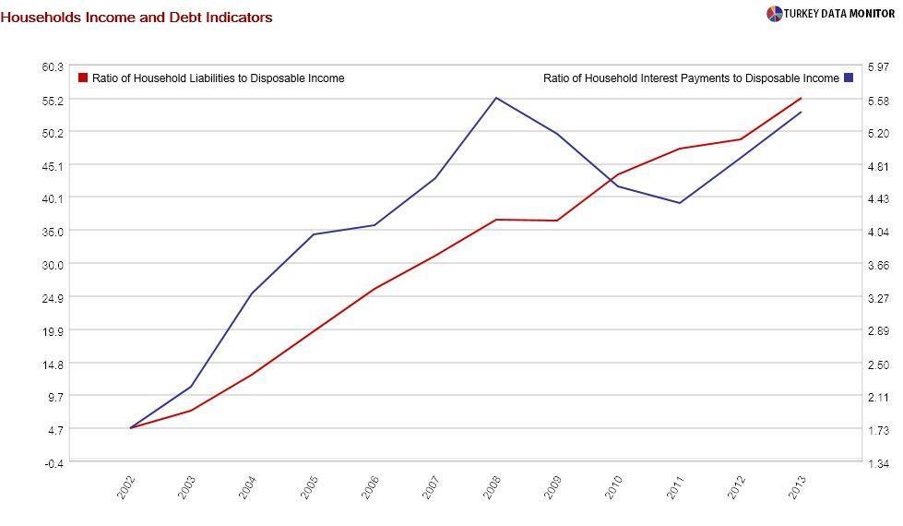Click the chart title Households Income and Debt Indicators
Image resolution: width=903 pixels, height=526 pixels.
tap(137, 17)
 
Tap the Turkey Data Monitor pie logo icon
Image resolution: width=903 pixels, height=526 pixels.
tap(774, 14)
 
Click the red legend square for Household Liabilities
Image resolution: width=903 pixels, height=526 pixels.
tap(83, 78)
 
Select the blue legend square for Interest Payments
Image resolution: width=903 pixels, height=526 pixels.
tap(849, 78)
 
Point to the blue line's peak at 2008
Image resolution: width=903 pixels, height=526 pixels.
tap(496, 98)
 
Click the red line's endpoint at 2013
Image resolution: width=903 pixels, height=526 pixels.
tap(801, 98)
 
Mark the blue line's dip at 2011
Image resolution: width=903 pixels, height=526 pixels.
tap(680, 203)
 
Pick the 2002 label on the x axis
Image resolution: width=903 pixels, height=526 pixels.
tap(126, 487)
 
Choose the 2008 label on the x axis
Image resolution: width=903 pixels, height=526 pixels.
tap(492, 487)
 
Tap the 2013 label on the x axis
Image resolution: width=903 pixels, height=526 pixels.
tap(797, 487)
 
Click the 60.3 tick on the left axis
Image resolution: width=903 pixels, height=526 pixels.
tap(52, 67)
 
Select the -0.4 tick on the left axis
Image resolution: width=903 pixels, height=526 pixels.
tap(53, 463)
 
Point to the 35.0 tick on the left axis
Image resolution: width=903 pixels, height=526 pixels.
tap(52, 232)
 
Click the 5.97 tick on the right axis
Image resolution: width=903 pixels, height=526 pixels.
tap(877, 67)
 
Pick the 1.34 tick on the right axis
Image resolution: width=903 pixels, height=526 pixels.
tap(877, 463)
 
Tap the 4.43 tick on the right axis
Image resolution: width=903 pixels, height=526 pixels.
tap(877, 198)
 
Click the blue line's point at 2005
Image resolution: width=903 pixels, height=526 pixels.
tap(314, 234)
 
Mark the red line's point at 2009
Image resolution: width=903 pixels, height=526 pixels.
tap(557, 221)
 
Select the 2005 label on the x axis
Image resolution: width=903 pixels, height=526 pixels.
tap(309, 487)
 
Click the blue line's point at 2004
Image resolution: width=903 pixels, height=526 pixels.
tap(252, 293)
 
